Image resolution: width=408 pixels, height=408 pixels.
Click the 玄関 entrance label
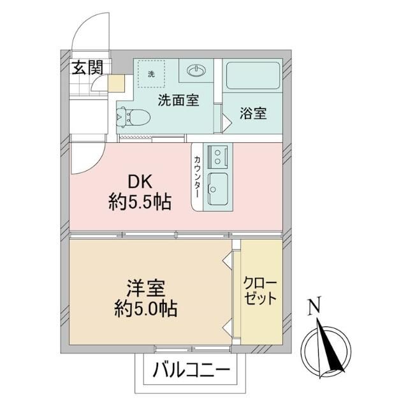pos(87,68)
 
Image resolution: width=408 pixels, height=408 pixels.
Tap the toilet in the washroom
pos(133,117)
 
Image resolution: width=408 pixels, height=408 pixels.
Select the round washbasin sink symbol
pos(196,70)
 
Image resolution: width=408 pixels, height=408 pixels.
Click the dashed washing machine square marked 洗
pos(151,74)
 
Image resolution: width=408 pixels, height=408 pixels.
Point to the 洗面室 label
pos(178,100)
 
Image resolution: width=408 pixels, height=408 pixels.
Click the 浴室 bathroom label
pos(253,113)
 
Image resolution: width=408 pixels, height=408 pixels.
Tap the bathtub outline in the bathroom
pos(253,75)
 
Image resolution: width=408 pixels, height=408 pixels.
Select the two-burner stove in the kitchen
pos(217,157)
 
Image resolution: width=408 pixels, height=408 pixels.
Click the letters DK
pos(140,182)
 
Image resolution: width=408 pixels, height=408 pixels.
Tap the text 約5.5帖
pos(140,202)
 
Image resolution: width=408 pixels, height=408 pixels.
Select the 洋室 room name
pos(146,288)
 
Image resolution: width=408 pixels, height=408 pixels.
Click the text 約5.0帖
pos(146,309)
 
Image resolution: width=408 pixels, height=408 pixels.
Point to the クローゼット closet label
pos(260,291)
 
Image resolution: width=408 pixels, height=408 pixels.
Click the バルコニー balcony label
pos(191,370)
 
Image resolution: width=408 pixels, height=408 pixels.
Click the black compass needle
pos(330,346)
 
